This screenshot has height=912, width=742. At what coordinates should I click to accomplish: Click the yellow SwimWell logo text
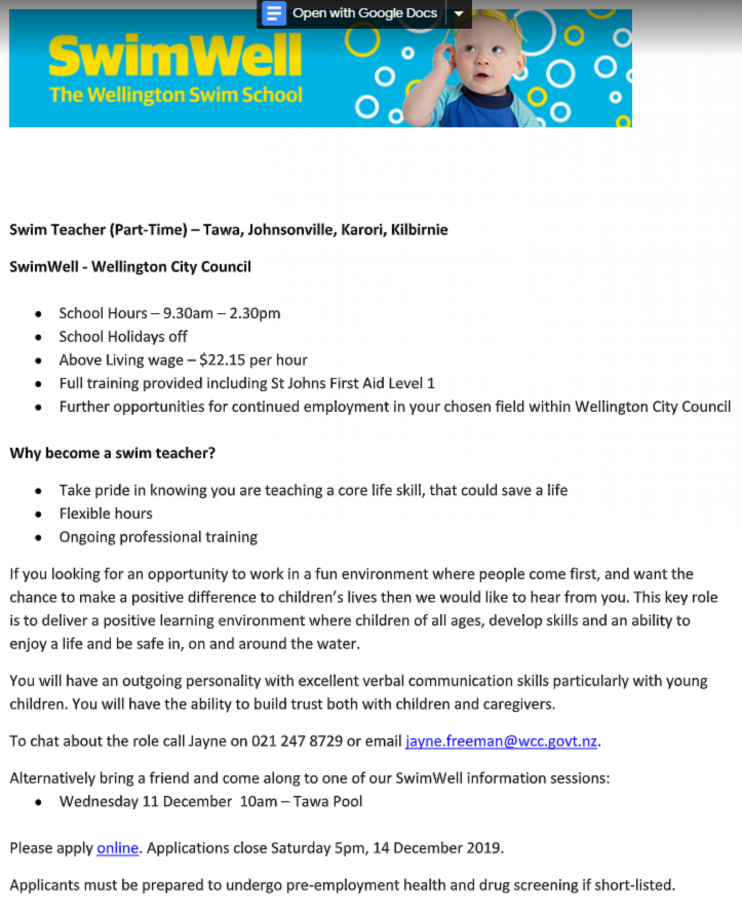click(175, 56)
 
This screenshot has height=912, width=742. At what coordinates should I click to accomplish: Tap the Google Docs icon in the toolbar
click(273, 13)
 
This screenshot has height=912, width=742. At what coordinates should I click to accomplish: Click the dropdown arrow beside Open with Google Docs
click(459, 13)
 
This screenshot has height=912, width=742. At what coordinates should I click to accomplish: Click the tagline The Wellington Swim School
click(175, 95)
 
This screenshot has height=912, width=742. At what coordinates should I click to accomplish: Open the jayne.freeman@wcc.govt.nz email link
click(501, 741)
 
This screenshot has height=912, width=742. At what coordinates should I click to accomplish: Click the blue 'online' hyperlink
click(118, 848)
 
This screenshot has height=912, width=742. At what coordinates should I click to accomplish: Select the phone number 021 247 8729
click(297, 741)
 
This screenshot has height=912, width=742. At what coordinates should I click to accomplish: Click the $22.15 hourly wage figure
click(222, 360)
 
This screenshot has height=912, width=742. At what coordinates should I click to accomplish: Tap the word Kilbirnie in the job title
click(419, 229)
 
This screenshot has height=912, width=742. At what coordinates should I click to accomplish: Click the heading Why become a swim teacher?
click(113, 453)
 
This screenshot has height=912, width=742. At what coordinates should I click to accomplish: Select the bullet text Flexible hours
click(106, 513)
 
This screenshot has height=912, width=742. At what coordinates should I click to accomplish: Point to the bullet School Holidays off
click(123, 337)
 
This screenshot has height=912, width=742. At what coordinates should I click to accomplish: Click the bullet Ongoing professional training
click(158, 537)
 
